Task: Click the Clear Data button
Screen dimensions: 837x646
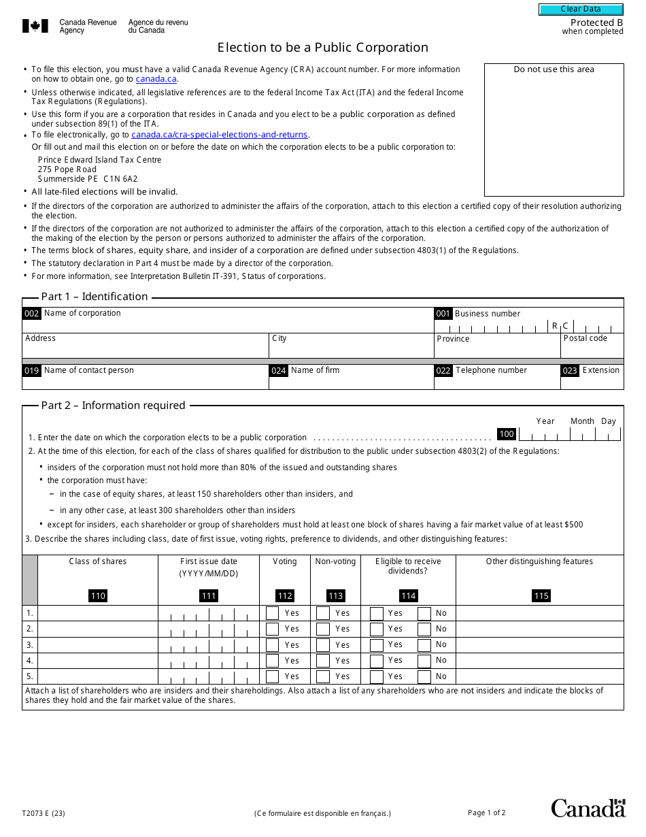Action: (x=581, y=10)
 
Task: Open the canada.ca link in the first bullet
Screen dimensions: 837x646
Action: (x=156, y=79)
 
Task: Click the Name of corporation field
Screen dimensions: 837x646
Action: (x=228, y=324)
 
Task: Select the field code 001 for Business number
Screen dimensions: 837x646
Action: (x=443, y=314)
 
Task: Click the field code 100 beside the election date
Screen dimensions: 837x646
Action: (x=507, y=434)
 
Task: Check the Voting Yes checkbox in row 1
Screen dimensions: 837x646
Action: (x=273, y=613)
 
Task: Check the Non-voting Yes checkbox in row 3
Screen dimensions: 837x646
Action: (x=323, y=645)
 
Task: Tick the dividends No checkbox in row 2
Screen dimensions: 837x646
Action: (x=424, y=629)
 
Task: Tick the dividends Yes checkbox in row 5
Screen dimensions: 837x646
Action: (x=377, y=677)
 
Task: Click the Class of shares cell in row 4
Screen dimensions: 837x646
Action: (x=98, y=661)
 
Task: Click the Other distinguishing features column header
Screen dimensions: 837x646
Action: (x=539, y=561)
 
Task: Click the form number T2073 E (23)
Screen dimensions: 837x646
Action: (x=44, y=813)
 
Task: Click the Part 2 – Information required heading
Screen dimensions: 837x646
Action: (x=113, y=406)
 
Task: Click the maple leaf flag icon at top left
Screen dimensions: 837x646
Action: (x=35, y=27)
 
